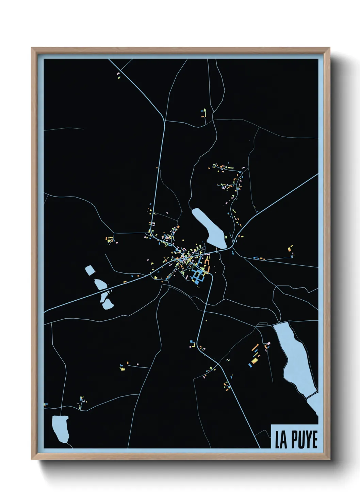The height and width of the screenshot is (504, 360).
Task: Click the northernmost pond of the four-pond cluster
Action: pyautogui.click(x=90, y=271)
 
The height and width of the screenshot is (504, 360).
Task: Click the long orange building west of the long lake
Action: pyautogui.click(x=255, y=348)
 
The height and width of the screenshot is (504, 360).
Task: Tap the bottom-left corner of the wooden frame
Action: pyautogui.click(x=32, y=459)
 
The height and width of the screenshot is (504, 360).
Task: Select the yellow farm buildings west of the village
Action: pyautogui.click(x=110, y=240)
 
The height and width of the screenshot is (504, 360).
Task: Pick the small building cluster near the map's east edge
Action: pyautogui.click(x=291, y=250)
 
